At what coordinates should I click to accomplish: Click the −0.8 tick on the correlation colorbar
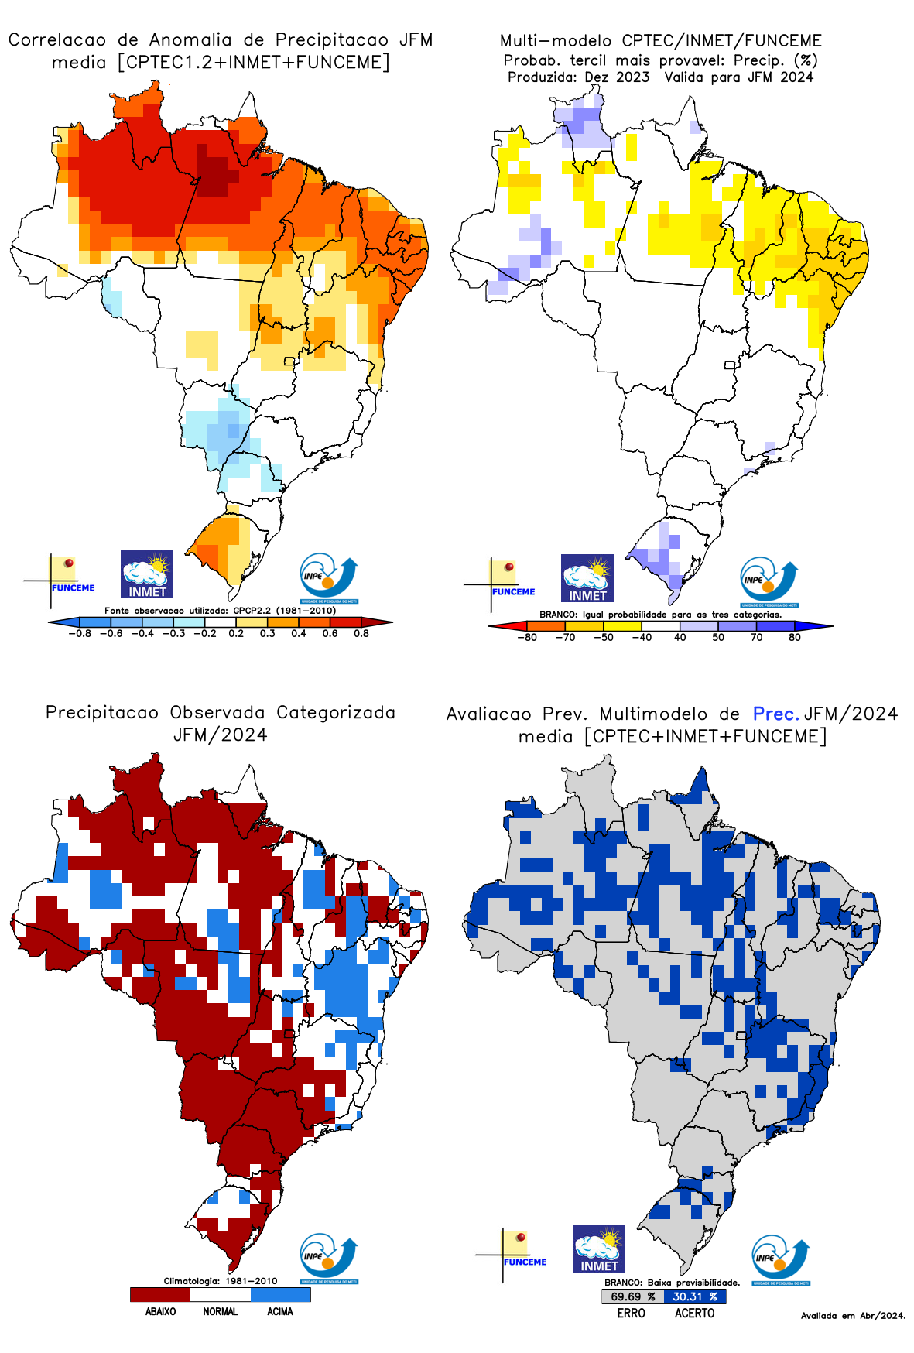point(80,634)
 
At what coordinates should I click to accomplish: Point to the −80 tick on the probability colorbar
point(527,638)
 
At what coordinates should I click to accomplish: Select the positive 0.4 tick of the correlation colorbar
point(299,634)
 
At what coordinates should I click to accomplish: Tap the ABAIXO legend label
point(160,1311)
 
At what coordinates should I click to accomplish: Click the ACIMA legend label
point(280,1311)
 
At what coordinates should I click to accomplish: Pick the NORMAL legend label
point(220,1311)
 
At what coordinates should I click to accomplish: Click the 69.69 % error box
point(632,1296)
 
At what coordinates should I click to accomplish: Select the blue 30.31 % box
point(694,1296)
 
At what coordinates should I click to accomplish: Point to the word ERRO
point(631,1313)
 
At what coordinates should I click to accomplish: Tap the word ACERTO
point(694,1313)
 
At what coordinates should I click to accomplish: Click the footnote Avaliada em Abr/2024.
point(853,1315)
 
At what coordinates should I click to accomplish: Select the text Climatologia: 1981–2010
point(221,1281)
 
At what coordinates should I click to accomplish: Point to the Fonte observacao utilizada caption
point(221,611)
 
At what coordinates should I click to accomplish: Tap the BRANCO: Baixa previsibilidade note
point(672,1283)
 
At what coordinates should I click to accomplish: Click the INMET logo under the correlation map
point(147,574)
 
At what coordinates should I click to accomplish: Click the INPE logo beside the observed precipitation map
point(329,1258)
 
